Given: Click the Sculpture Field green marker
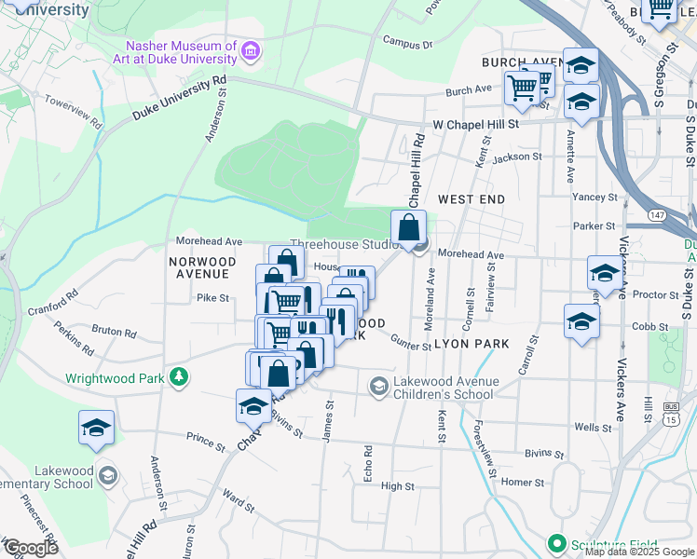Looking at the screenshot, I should click(x=557, y=543).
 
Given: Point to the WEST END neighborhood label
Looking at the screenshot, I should click(x=471, y=199).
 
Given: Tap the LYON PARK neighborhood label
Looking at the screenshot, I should click(x=476, y=344).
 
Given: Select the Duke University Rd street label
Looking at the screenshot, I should click(x=179, y=98).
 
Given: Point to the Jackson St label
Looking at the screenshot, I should click(x=517, y=157).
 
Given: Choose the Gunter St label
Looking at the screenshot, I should click(x=411, y=344).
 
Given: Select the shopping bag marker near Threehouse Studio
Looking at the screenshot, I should click(x=409, y=226).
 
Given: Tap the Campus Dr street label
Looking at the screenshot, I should click(x=408, y=43).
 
